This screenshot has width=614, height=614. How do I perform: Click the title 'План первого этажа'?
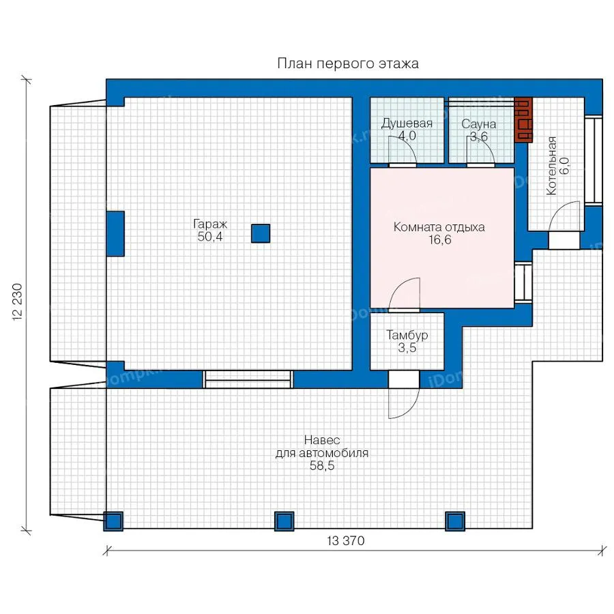(348, 63)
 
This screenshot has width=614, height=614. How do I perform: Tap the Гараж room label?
(210, 224)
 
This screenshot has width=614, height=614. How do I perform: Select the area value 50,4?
(210, 237)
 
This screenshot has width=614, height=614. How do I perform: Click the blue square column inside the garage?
(261, 233)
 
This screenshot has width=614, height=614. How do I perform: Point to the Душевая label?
(407, 123)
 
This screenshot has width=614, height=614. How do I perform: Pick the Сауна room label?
(478, 124)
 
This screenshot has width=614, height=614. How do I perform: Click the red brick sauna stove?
(523, 119)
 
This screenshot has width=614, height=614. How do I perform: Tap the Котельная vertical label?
(551, 166)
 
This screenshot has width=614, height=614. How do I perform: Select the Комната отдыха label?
(439, 227)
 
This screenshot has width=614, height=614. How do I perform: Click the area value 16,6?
(440, 239)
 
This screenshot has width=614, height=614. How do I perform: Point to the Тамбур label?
(407, 335)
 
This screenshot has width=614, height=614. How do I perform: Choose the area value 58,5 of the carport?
(322, 466)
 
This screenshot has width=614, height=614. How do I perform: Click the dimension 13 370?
(346, 541)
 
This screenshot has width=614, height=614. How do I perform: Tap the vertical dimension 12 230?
(18, 302)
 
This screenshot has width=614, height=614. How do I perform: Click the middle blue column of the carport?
(284, 521)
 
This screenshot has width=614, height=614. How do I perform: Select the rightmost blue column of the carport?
(455, 521)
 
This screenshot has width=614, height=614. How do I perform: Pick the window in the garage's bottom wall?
(248, 379)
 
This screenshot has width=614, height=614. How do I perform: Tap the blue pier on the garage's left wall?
(115, 234)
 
